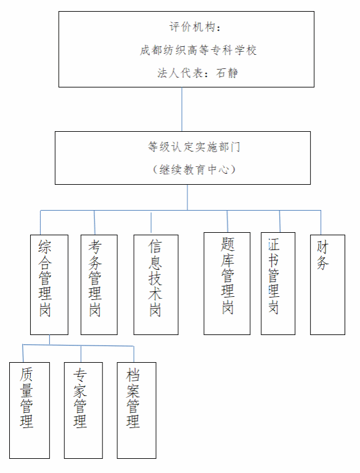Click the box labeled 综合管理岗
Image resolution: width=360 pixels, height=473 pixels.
49,285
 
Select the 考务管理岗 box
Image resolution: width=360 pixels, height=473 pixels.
99,285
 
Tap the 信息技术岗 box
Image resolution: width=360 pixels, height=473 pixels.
156,285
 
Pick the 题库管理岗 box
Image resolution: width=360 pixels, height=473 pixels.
227,283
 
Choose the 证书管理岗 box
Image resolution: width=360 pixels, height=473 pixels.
278,283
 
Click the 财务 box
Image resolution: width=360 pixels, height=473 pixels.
327,285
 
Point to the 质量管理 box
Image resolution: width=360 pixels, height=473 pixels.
30,410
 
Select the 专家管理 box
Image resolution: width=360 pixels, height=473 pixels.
83,410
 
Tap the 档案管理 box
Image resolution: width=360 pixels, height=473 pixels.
136,410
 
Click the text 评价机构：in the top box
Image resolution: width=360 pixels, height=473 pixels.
195,27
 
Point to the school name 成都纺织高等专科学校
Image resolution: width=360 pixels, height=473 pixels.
198,50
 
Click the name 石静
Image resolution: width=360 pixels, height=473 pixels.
227,73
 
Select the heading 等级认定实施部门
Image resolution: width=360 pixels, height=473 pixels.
194,147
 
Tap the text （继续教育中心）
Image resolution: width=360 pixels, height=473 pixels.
194,169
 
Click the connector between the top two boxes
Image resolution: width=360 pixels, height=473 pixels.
182,109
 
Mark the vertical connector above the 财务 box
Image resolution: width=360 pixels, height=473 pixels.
321,222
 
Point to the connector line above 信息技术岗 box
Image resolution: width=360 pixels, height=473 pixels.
151,222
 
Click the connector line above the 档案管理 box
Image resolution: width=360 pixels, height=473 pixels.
134,354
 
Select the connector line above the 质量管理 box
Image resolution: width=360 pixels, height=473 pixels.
23,354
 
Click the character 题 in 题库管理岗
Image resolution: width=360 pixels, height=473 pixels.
227,245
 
